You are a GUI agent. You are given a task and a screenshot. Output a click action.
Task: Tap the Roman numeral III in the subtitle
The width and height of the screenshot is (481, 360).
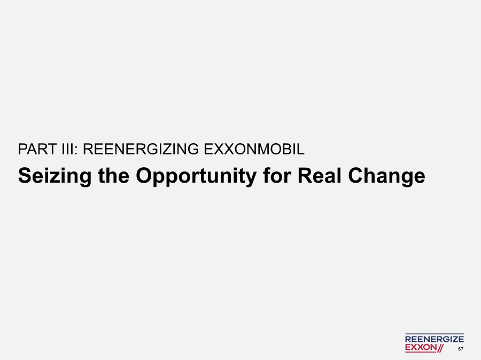[67, 150]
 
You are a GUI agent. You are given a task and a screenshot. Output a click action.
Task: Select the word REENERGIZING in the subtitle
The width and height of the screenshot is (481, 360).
[141, 150]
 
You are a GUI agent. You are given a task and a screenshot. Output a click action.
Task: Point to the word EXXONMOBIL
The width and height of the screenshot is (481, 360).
[254, 150]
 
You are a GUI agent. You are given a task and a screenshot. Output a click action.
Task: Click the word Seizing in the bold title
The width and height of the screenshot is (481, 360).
[55, 176]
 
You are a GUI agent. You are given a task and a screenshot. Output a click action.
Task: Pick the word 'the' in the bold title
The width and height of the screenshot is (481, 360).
[113, 176]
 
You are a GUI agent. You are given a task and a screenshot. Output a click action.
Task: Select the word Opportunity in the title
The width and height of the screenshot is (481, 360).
[196, 176]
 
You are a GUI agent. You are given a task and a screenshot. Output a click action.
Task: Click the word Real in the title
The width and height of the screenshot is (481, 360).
[320, 176]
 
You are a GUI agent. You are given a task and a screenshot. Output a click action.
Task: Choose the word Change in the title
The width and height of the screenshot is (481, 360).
[386, 176]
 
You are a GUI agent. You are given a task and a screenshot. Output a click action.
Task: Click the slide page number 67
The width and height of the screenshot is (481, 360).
[461, 349]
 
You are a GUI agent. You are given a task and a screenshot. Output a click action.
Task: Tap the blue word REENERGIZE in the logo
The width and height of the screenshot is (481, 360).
[435, 339]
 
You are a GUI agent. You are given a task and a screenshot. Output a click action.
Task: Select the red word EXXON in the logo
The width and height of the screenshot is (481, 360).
[421, 347]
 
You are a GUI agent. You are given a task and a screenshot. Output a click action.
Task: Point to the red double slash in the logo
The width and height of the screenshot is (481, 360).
[440, 348]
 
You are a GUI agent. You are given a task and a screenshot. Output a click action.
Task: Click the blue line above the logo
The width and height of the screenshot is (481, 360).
[435, 334]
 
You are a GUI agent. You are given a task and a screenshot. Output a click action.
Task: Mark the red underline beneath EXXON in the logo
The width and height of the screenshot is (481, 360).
[421, 352]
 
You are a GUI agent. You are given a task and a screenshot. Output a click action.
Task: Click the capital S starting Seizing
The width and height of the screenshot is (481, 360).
[25, 176]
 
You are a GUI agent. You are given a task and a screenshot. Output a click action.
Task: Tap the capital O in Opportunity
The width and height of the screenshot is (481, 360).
[144, 176]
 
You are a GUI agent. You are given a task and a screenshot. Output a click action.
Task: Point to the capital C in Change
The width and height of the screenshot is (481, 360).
[356, 176]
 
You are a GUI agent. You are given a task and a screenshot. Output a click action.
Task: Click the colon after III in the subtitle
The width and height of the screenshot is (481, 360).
[76, 151]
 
